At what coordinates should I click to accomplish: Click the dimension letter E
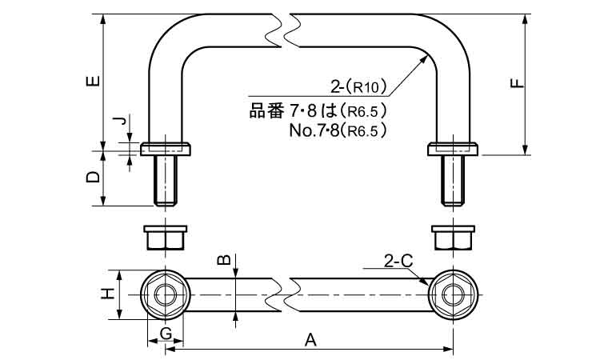click(x=94, y=81)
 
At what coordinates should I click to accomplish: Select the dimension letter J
click(x=118, y=122)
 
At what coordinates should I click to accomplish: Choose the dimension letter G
click(x=166, y=332)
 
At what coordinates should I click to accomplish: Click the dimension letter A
click(x=312, y=341)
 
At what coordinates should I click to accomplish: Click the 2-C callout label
click(x=398, y=261)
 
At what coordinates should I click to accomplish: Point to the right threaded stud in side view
click(x=452, y=181)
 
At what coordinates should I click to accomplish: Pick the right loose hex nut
click(x=452, y=238)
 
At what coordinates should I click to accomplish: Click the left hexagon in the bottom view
click(x=166, y=294)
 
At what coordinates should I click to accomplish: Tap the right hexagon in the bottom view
click(x=452, y=294)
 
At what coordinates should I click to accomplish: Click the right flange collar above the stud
click(x=452, y=150)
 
